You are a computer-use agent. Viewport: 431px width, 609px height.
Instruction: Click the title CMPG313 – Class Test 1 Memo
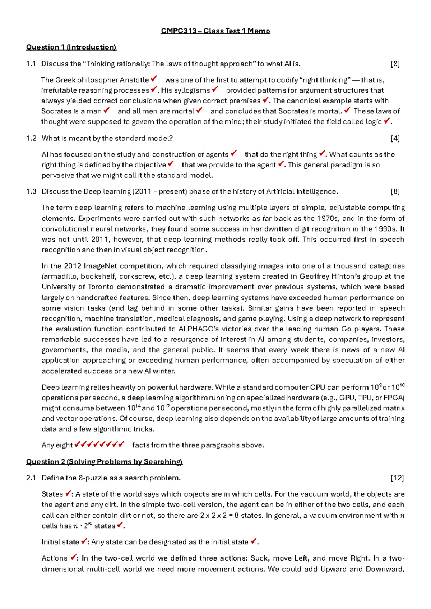[x=215, y=31]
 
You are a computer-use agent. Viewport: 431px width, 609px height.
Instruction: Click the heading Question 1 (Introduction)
[x=71, y=47]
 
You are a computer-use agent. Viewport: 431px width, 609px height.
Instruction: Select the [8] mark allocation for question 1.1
[x=395, y=64]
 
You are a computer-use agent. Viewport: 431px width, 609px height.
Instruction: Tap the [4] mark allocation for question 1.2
[x=395, y=138]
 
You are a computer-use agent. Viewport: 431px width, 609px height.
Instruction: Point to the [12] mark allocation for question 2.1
[x=397, y=478]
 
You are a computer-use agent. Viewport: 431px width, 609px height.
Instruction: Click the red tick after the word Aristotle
[x=154, y=78]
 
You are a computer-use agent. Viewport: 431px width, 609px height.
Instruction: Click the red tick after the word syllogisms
[x=215, y=89]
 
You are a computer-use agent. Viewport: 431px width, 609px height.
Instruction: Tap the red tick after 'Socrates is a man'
[x=106, y=110]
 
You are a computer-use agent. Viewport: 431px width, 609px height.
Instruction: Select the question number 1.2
[x=31, y=138]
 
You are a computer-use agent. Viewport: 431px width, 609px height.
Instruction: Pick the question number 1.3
[x=31, y=191]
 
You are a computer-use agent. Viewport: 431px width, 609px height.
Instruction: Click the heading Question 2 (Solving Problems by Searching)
[x=104, y=462]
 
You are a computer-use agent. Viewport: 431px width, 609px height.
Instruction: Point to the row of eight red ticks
[x=99, y=444]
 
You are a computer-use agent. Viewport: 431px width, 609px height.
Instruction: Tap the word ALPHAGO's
[x=199, y=329]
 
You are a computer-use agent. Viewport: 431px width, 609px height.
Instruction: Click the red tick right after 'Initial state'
[x=84, y=541]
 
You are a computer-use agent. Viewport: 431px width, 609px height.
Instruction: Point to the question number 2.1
[x=31, y=478]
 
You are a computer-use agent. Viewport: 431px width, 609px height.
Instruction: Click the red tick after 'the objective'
[x=171, y=164]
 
